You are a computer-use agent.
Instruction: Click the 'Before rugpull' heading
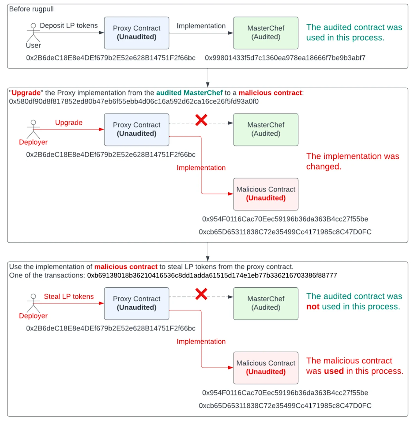click(x=31, y=9)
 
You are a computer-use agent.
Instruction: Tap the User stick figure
click(x=33, y=32)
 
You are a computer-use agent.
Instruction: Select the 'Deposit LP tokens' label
click(x=69, y=26)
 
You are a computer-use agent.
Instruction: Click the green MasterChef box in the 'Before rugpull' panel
click(x=266, y=33)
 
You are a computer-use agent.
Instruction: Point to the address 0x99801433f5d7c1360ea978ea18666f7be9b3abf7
click(x=285, y=58)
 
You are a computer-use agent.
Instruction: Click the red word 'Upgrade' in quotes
click(x=26, y=93)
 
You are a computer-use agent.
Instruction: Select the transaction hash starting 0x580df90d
click(x=134, y=102)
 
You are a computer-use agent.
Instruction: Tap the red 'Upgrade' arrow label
click(x=69, y=122)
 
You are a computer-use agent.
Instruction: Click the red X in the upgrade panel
click(x=201, y=120)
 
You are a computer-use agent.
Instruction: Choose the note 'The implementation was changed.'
click(x=353, y=161)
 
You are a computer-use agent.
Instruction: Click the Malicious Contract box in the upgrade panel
click(x=266, y=194)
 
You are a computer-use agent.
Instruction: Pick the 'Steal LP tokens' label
click(x=69, y=296)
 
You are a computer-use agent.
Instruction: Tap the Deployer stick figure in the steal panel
click(x=33, y=303)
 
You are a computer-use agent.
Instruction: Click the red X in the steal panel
click(x=201, y=294)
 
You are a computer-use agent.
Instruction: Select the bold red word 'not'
click(x=313, y=306)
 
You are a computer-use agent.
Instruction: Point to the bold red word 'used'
click(x=334, y=371)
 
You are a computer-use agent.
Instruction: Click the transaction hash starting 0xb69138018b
click(x=212, y=275)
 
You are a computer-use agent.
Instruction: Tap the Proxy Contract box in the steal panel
click(x=136, y=304)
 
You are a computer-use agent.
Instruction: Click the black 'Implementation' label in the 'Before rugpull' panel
click(x=201, y=26)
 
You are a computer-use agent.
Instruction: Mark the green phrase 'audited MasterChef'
click(x=189, y=93)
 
